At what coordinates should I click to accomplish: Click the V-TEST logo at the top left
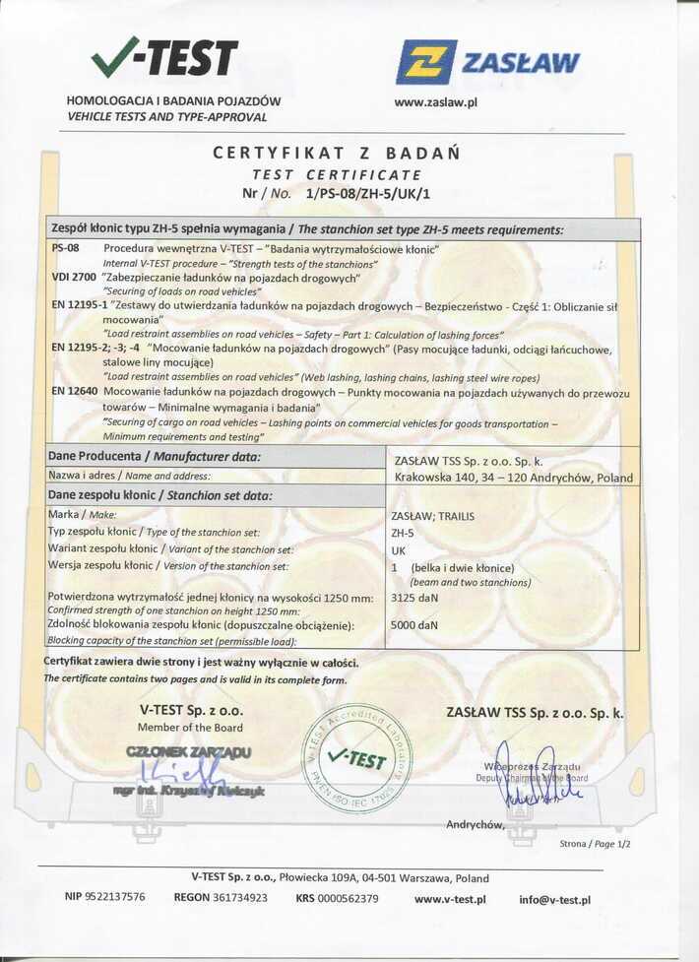pyautogui.click(x=164, y=59)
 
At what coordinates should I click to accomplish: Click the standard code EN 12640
pyautogui.click(x=74, y=392)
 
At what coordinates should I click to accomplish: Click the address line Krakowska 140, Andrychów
pyautogui.click(x=513, y=478)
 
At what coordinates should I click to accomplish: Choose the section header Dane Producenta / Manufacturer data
pyautogui.click(x=155, y=456)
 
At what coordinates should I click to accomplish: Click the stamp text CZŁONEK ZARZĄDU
pyautogui.click(x=188, y=752)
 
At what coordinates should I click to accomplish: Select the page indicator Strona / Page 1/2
pyautogui.click(x=595, y=844)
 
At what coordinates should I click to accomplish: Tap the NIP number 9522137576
pyautogui.click(x=104, y=897)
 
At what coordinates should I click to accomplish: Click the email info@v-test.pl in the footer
pyautogui.click(x=554, y=899)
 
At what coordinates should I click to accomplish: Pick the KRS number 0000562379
pyautogui.click(x=337, y=897)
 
